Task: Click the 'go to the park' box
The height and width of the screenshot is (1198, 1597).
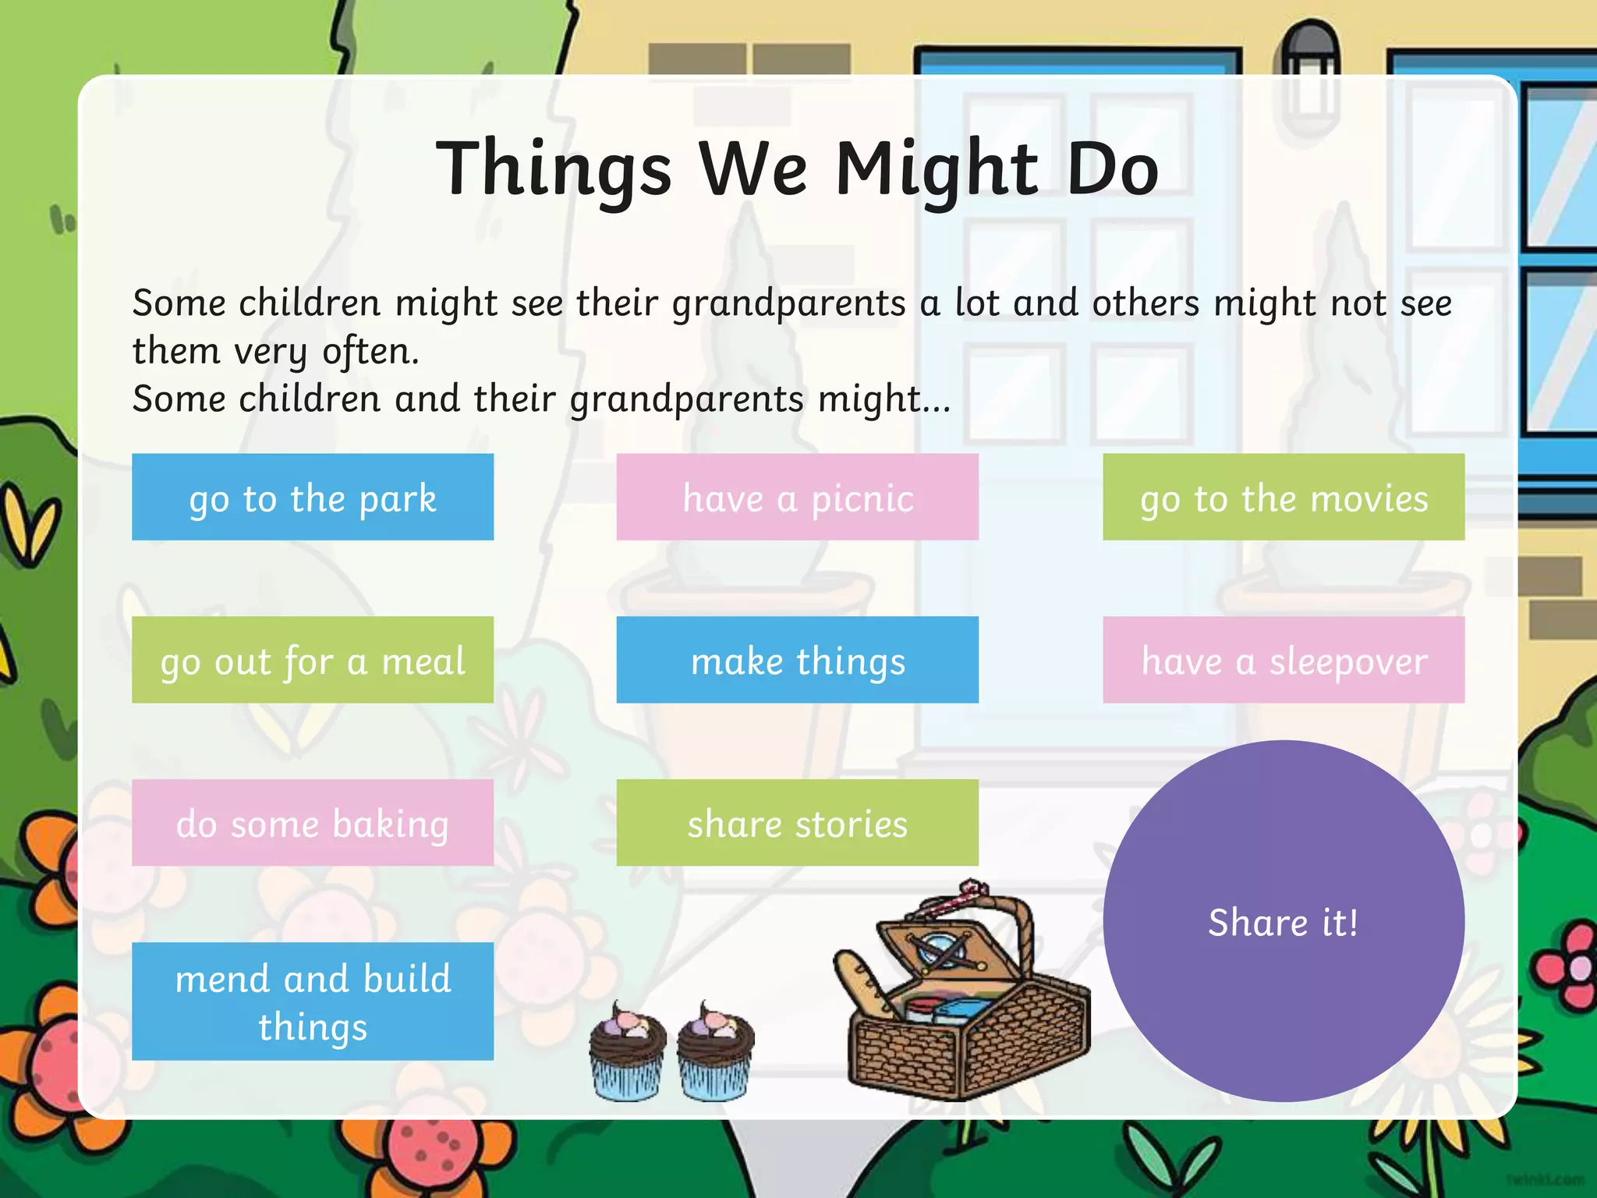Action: pyautogui.click(x=313, y=497)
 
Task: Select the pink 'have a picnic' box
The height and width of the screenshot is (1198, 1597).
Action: pyautogui.click(x=797, y=497)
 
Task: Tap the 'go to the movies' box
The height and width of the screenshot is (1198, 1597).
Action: pyautogui.click(x=1284, y=497)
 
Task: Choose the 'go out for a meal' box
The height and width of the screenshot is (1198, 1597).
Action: pyautogui.click(x=313, y=660)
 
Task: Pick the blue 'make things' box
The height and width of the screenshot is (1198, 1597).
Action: pyautogui.click(x=797, y=660)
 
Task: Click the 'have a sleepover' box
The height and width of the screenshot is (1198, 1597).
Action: pyautogui.click(x=1284, y=660)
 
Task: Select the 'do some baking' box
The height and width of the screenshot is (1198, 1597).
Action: pyautogui.click(x=313, y=823)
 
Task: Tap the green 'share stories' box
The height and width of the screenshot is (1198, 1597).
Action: pyautogui.click(x=797, y=823)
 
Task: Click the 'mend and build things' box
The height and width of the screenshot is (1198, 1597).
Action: pyautogui.click(x=313, y=1001)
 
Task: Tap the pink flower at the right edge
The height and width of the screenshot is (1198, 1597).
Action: pyautogui.click(x=1567, y=967)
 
